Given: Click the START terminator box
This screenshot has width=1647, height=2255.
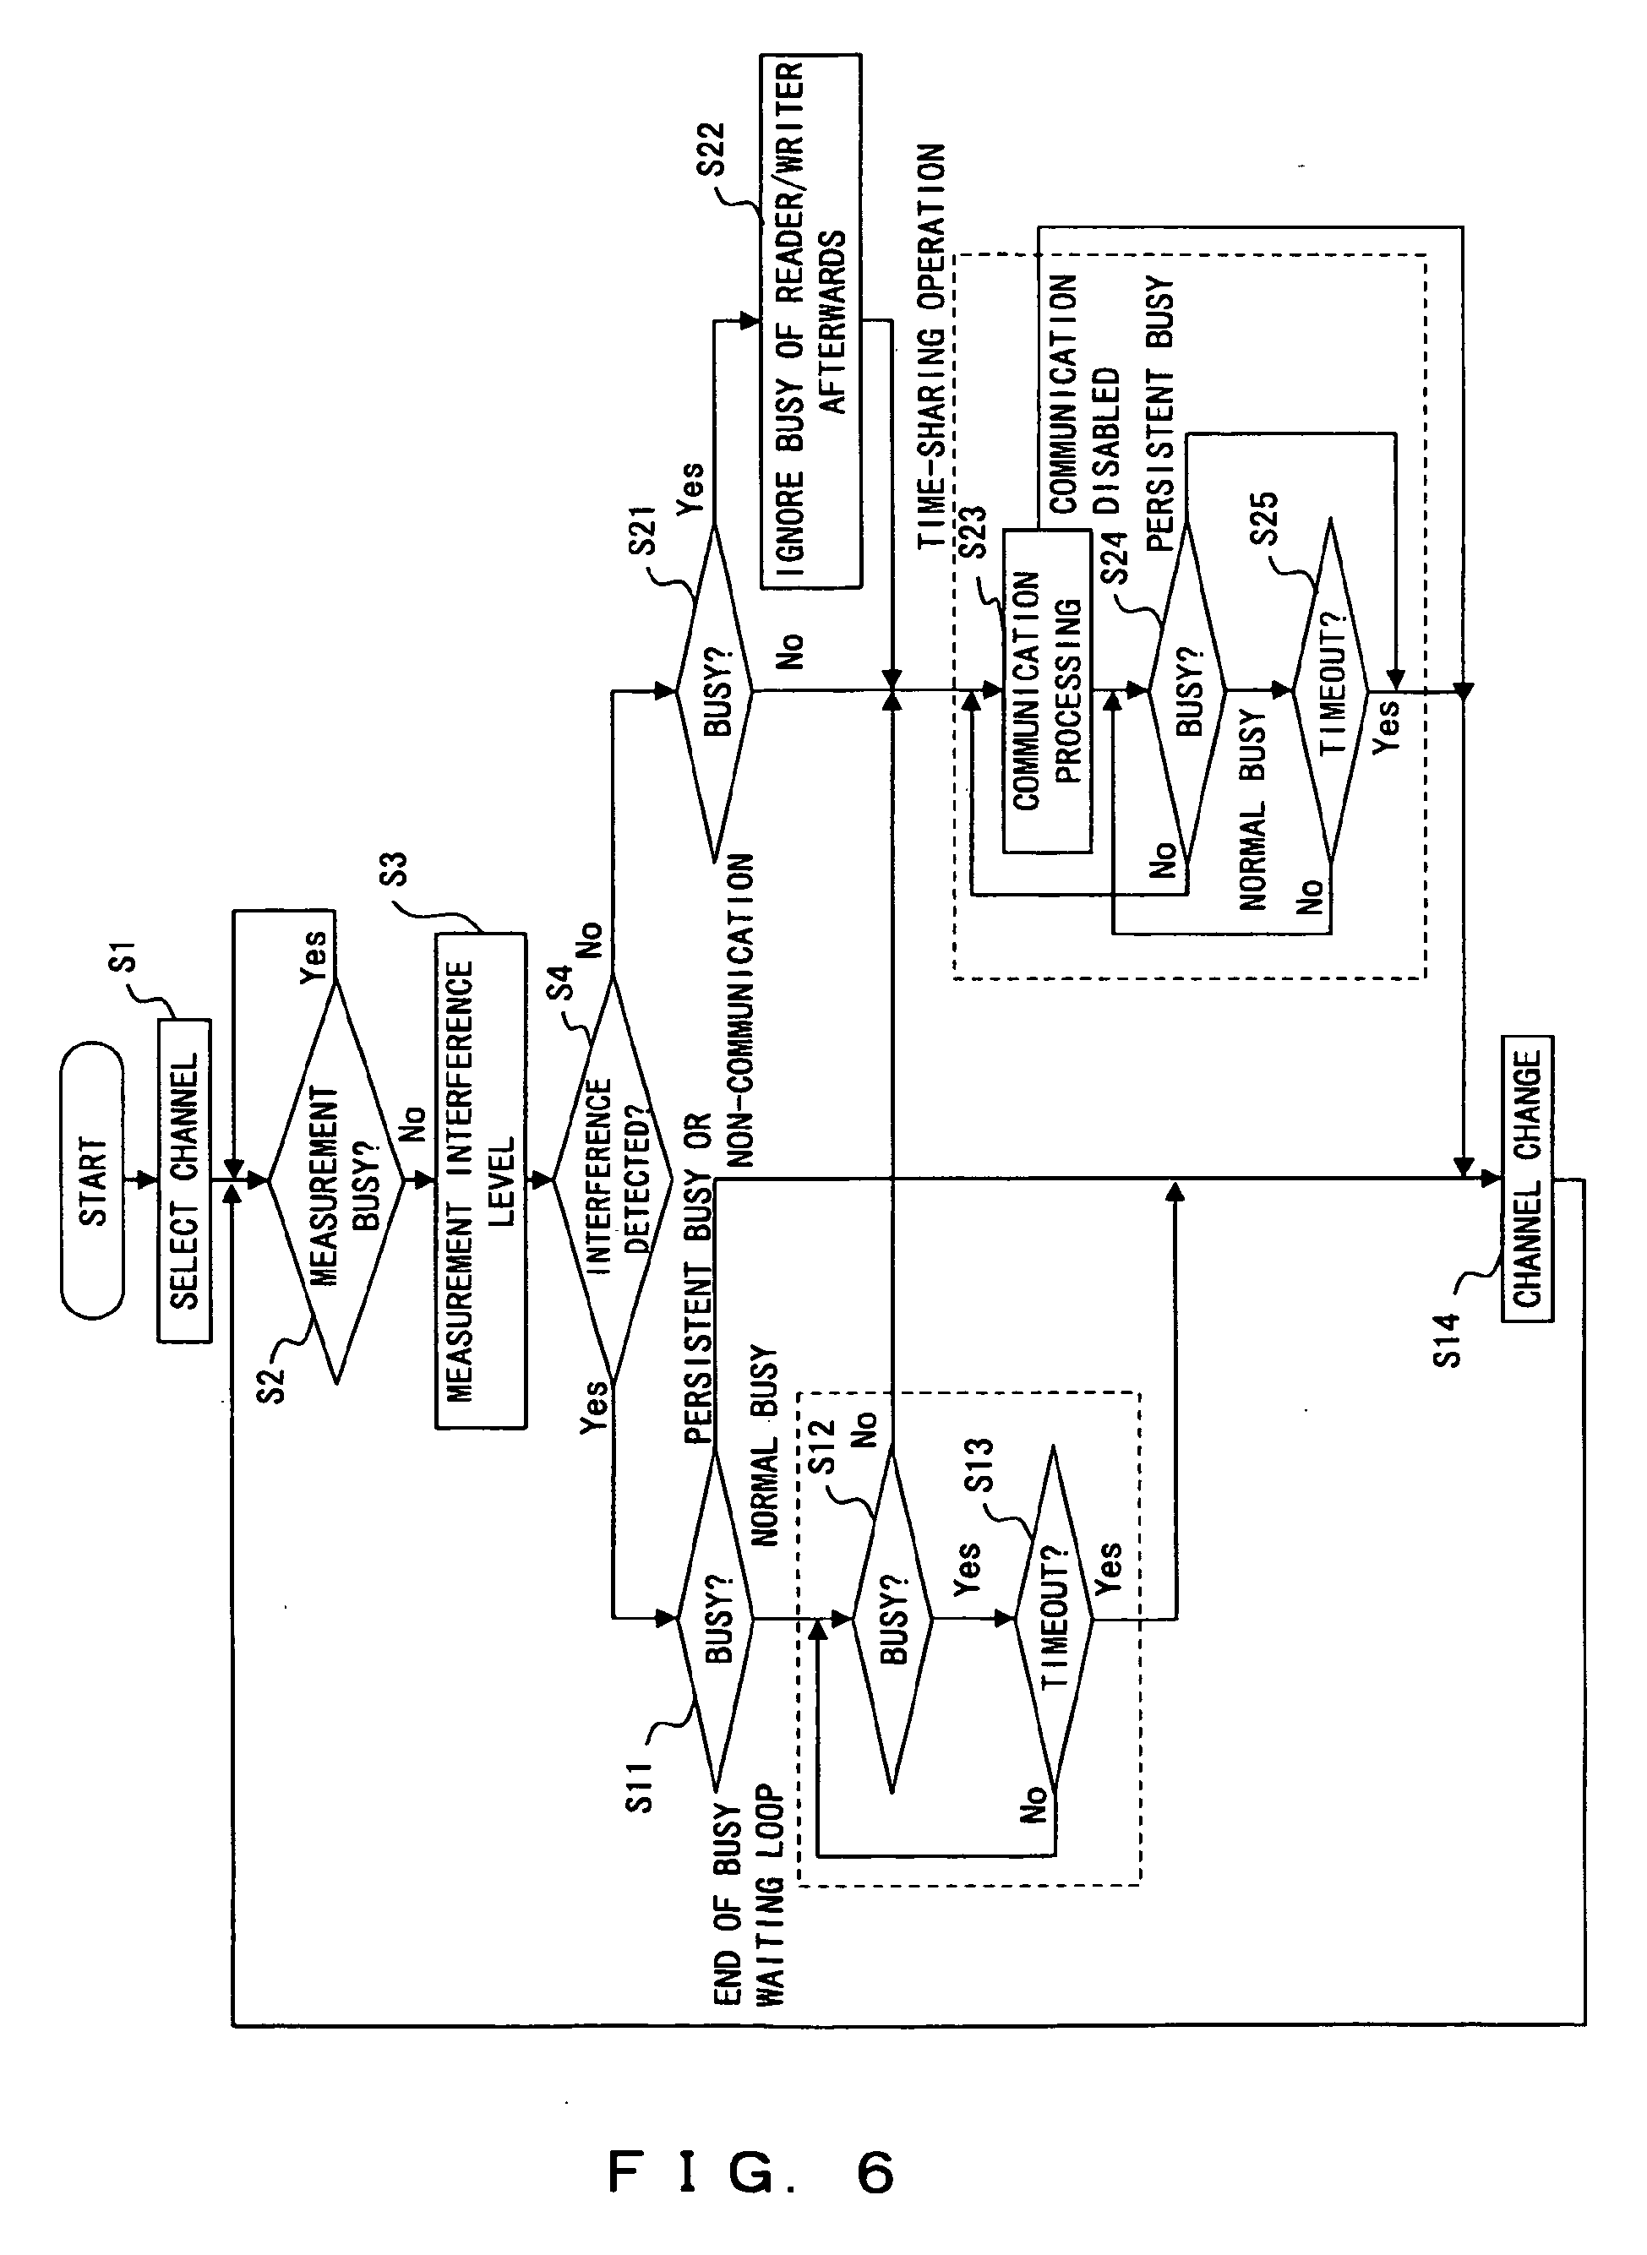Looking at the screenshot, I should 92,1180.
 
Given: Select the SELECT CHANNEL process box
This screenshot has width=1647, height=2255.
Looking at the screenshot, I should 184,1180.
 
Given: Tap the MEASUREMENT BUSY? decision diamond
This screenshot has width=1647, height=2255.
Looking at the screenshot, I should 336,1181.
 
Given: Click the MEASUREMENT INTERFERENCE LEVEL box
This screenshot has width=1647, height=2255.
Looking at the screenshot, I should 481,1180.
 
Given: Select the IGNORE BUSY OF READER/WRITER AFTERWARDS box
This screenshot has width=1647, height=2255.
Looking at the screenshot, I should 810,321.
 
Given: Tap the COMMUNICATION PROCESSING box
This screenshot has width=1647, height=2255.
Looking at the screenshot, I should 1046,690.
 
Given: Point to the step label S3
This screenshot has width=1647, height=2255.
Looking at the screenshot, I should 395,869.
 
